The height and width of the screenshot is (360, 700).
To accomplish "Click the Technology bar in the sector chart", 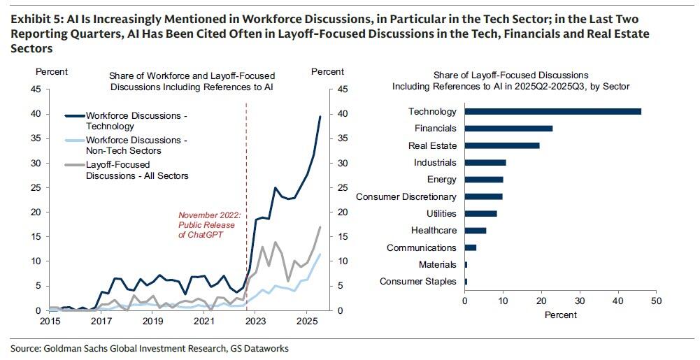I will pyautogui.click(x=552, y=112).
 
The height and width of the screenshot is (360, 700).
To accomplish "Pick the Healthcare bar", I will pyautogui.click(x=476, y=231).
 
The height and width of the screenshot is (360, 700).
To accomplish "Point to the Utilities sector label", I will pyautogui.click(x=441, y=214).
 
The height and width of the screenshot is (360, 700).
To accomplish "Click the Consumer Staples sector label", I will pyautogui.click(x=418, y=282).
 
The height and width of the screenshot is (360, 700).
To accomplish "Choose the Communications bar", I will pyautogui.click(x=471, y=247).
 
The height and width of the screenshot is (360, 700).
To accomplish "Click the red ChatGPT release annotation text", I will pyautogui.click(x=210, y=225).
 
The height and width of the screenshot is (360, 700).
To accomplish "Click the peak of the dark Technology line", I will pyautogui.click(x=320, y=117).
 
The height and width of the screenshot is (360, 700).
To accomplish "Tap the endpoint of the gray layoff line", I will pyautogui.click(x=320, y=227).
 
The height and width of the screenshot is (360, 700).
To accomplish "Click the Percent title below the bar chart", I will pyautogui.click(x=560, y=315).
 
